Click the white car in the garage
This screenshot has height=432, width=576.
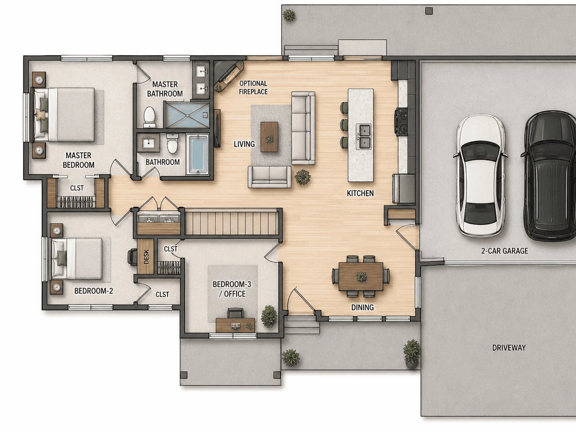point(480,176)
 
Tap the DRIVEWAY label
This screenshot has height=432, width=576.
point(509,348)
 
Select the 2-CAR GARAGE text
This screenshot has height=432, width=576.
point(504,251)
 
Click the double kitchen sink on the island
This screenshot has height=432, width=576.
point(363,136)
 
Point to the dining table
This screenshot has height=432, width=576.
point(361,276)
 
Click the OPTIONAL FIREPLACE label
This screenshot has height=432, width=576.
point(253,88)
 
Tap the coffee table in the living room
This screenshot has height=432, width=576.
point(269,137)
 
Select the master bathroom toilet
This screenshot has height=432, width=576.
point(150,117)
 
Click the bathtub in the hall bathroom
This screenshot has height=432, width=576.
point(197,154)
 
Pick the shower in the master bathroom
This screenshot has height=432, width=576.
point(187,115)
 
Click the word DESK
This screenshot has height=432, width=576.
point(146,256)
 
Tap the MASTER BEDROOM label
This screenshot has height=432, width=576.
point(78,160)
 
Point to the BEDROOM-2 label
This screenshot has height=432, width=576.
point(94,291)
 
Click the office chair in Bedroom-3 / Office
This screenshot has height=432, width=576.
point(235,313)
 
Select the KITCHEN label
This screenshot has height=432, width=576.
point(360,193)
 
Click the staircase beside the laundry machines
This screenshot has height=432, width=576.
point(231,223)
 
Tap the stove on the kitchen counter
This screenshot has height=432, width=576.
point(401,122)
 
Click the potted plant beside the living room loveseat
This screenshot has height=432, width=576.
point(303,177)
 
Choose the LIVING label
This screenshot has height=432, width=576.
point(244,144)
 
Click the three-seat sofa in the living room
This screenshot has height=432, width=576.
point(303,128)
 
